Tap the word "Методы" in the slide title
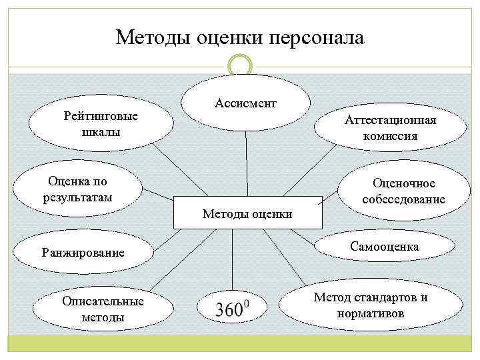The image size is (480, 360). (153, 37)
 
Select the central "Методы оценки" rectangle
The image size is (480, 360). (247, 213)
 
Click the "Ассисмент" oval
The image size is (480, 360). (246, 105)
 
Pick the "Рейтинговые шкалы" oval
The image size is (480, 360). (101, 124)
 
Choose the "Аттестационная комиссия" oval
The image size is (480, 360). (390, 127)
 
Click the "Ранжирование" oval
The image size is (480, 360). (83, 253)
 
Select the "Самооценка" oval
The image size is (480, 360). (384, 247)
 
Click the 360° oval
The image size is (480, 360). (231, 309)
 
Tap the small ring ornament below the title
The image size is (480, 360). (240, 65)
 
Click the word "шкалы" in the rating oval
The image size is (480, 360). (101, 131)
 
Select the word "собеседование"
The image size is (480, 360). (404, 199)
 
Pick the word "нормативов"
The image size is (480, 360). (371, 313)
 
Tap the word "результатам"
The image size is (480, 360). (77, 197)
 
